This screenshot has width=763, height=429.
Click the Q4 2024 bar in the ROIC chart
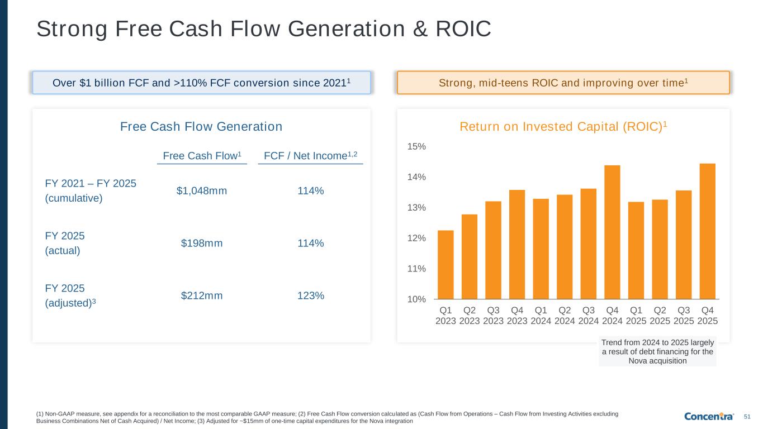point(612,232)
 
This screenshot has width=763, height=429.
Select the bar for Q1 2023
point(446,265)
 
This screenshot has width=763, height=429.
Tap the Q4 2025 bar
point(707,231)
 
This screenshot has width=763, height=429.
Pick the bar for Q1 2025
point(636,250)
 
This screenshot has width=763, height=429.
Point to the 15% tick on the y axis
point(417,146)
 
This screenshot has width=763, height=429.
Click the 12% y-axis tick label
point(417,238)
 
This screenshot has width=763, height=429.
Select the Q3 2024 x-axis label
point(588,315)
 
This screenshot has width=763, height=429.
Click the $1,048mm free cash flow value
point(202,191)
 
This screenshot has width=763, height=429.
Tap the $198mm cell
point(202,244)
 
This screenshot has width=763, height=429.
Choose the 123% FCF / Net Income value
point(311,295)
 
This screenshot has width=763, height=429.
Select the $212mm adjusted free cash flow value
point(202,295)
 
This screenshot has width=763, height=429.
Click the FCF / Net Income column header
point(310,156)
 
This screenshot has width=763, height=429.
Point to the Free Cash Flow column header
point(202,156)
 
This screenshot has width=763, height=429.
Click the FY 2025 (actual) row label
point(65,242)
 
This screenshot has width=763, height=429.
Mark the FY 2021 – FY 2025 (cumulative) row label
point(91,191)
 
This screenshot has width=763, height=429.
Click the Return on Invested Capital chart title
point(563,127)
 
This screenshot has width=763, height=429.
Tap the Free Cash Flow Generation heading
point(201,127)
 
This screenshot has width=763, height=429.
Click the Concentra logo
point(709,416)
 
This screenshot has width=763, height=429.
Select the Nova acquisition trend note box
point(657,351)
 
